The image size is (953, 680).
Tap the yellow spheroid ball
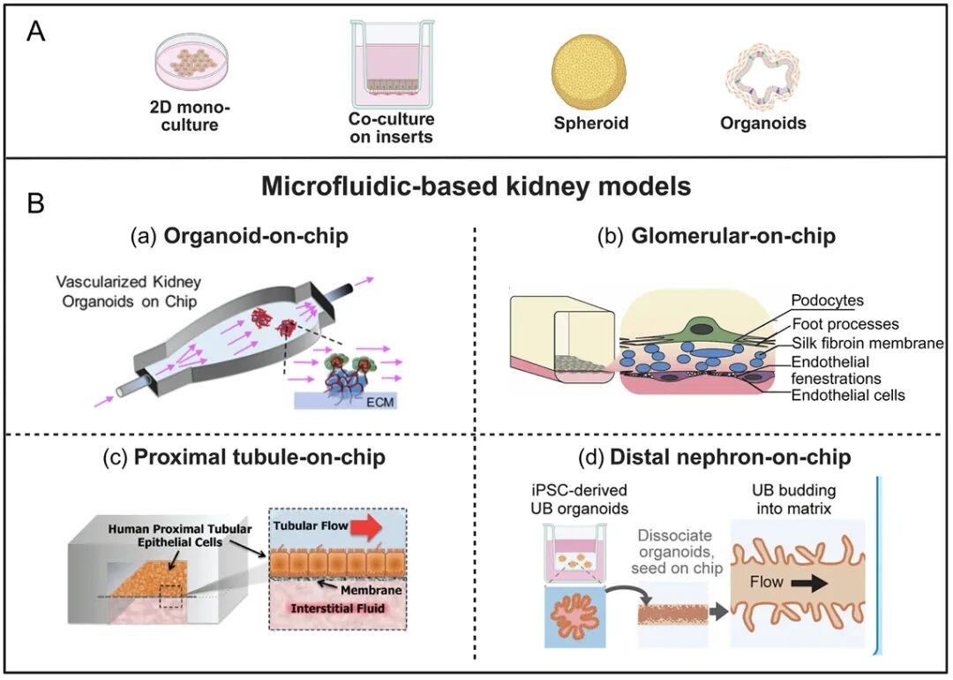click(x=589, y=71)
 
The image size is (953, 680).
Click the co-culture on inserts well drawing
click(x=392, y=63)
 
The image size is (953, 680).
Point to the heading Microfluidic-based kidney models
click(x=476, y=185)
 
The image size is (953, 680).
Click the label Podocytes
click(x=827, y=300)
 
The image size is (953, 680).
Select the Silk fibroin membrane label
click(x=867, y=343)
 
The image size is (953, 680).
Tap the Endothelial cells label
click(x=848, y=396)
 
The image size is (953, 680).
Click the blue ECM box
click(x=345, y=401)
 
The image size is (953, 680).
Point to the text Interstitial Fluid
click(x=337, y=608)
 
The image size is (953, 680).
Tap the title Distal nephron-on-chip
click(x=730, y=457)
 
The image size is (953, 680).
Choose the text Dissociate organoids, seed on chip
click(x=677, y=552)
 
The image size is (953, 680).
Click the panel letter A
click(x=36, y=31)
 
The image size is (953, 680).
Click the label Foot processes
click(x=845, y=324)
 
